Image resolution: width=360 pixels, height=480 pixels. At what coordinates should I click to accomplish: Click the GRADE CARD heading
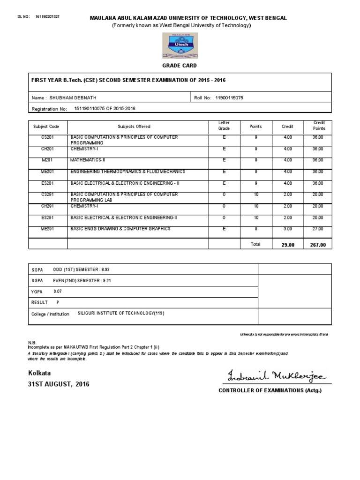coord(180,66)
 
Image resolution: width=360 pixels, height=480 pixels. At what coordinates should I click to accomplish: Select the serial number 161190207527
coord(47,16)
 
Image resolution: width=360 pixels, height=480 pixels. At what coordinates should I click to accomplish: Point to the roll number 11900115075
coord(229,98)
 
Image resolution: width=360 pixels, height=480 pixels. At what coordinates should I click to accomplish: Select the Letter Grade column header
coord(224,126)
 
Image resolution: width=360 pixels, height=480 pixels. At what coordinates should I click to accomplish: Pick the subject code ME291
coord(47,229)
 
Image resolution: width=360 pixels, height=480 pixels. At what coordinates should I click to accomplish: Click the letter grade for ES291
coord(224,217)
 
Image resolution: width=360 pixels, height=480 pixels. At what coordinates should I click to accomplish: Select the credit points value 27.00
coord(318,229)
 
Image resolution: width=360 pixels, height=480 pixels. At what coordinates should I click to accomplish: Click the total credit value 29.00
coord(287,245)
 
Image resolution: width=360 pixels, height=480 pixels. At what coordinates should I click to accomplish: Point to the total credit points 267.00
coord(318,245)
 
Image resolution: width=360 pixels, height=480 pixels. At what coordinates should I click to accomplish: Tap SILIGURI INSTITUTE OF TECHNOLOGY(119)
coord(121,314)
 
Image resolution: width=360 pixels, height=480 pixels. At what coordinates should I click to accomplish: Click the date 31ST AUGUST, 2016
coord(59,384)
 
